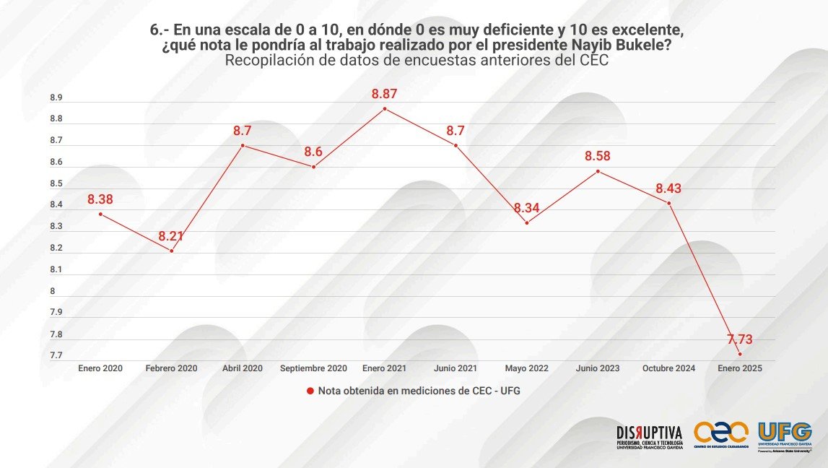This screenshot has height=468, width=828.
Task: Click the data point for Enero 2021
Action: click(x=385, y=108)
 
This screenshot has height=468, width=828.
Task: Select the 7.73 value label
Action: click(x=740, y=338)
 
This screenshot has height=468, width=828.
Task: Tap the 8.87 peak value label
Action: click(x=385, y=94)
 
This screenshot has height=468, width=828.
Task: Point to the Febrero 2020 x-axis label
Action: click(x=171, y=368)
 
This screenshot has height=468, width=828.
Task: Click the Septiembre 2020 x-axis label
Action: click(x=313, y=368)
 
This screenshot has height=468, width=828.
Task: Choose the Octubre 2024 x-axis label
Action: click(x=669, y=368)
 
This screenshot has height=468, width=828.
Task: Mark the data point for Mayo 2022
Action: click(x=527, y=222)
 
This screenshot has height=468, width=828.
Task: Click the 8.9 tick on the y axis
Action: click(x=56, y=97)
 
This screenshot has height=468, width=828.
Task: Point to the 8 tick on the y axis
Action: click(x=52, y=291)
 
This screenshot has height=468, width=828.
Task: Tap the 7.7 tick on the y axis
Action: click(x=56, y=355)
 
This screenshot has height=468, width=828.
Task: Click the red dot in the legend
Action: click(x=310, y=391)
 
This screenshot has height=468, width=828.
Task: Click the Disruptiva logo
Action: click(x=649, y=437)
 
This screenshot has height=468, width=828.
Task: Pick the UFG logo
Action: click(x=785, y=435)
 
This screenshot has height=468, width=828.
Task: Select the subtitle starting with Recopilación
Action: click(x=417, y=61)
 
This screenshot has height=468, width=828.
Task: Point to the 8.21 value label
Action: click(x=172, y=236)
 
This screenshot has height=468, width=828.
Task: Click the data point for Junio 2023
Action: click(x=598, y=171)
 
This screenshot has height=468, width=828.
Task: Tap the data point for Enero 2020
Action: click(x=100, y=214)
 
